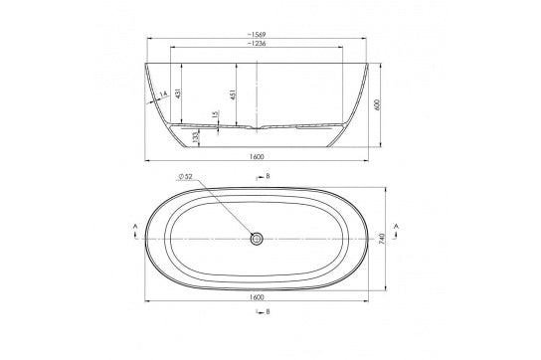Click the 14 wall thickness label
point(161,96)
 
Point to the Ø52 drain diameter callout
point(186,177)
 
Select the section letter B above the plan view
point(269,176)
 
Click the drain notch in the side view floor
point(259,129)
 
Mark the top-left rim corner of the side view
point(146,65)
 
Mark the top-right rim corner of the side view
point(371,65)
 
